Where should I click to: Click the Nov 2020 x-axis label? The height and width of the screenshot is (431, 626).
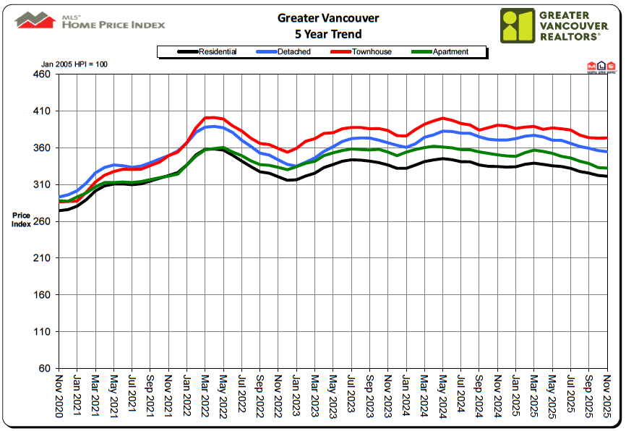click(59, 393)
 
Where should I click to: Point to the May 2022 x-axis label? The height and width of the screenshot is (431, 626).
click(224, 393)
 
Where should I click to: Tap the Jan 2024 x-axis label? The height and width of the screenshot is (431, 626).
click(406, 393)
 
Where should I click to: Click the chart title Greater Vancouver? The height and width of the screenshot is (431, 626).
click(317, 17)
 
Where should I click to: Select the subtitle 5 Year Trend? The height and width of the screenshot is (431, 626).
click(317, 34)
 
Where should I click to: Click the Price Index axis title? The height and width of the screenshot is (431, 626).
click(22, 220)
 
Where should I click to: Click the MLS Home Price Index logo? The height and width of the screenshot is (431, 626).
click(90, 21)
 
